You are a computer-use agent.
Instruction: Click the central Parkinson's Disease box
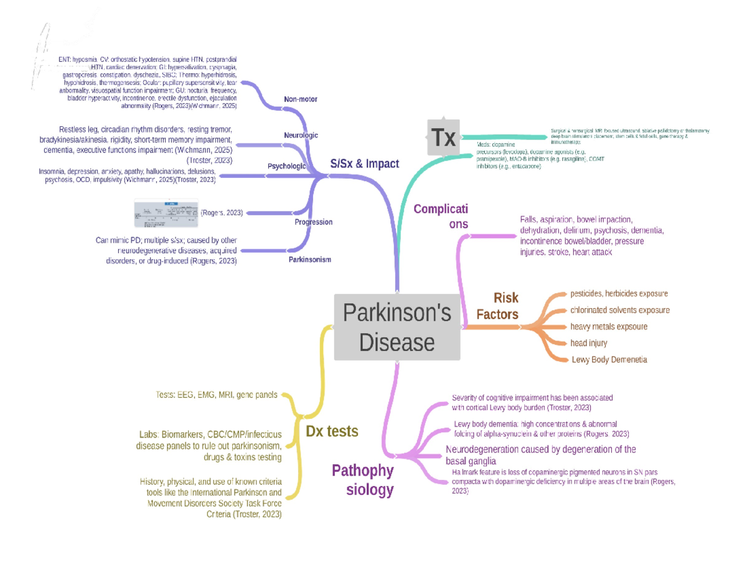(397, 327)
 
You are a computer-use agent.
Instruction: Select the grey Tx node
(444, 138)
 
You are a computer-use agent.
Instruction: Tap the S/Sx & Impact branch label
(364, 164)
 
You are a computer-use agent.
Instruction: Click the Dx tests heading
(332, 431)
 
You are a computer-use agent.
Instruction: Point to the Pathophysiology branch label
(363, 479)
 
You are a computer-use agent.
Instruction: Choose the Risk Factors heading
(497, 306)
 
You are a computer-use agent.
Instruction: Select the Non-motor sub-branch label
(300, 100)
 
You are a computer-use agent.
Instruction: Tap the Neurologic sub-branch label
(301, 135)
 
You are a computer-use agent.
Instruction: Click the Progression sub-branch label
(313, 222)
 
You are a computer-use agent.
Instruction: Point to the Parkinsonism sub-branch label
(309, 259)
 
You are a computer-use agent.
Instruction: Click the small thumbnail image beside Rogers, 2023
(166, 213)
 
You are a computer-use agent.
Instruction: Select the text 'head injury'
(588, 343)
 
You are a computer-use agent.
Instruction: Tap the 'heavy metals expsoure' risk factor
(608, 326)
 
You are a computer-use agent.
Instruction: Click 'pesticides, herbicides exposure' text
(619, 293)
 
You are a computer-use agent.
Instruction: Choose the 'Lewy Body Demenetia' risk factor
(609, 360)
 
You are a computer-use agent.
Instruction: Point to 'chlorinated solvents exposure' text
(619, 310)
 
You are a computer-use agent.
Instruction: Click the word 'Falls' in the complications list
(528, 220)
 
